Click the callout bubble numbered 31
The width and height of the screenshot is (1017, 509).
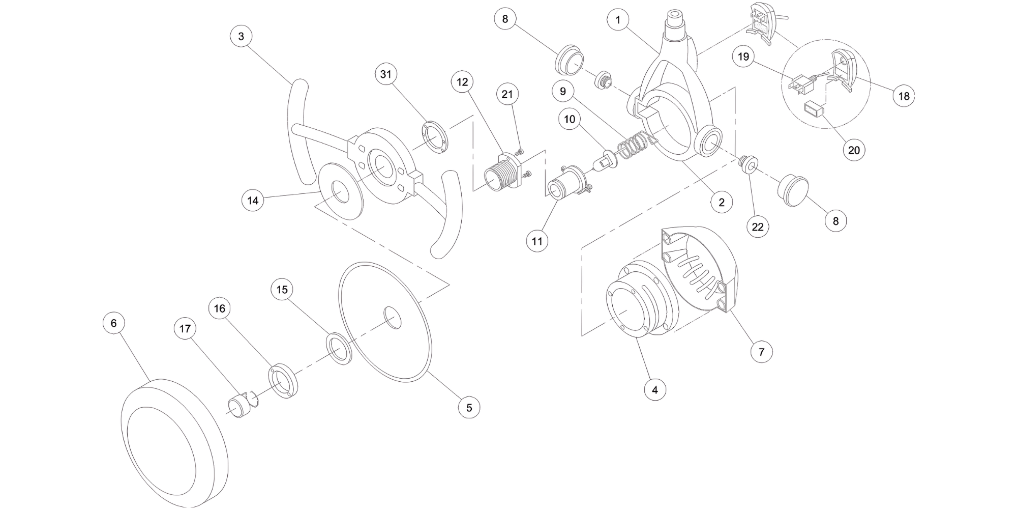pos(386,74)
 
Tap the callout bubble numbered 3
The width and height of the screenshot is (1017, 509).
pos(241,36)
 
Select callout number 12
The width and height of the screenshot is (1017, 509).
pos(462,82)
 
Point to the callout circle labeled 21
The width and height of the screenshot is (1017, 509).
pos(507,94)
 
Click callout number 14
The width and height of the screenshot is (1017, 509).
pos(253,200)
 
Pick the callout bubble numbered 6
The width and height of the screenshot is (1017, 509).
pos(113,323)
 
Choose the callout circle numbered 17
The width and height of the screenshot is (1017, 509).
pos(185,329)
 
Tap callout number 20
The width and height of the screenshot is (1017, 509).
pos(854,150)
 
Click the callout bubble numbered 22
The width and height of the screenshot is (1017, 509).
pos(758,227)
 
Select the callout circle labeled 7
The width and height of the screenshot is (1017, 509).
pos(761,351)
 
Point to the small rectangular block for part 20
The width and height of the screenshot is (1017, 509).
pos(814,110)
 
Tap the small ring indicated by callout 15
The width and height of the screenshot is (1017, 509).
pos(340,348)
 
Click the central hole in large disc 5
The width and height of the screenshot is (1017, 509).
pos(392,318)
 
